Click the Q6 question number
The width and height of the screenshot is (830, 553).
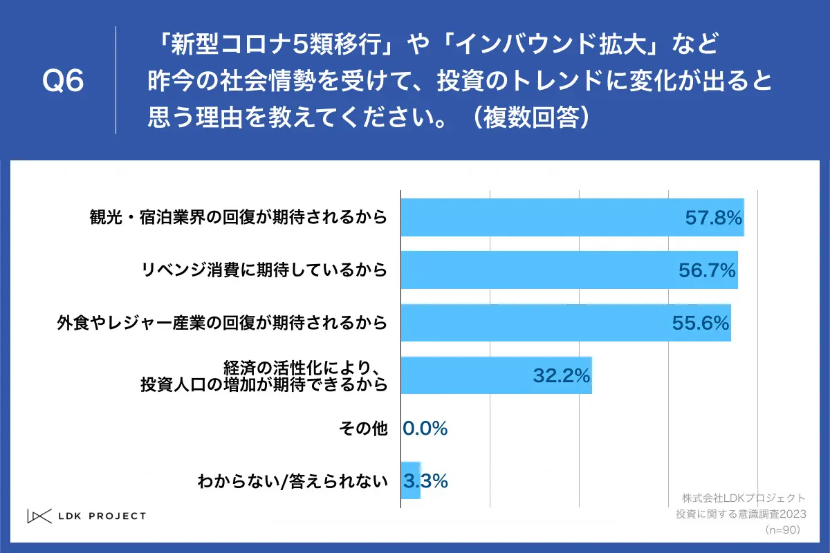tap(63, 82)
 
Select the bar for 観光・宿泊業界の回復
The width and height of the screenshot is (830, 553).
tap(539, 218)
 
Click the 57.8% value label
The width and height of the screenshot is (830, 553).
tap(713, 218)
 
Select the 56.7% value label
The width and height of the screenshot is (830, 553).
tap(706, 270)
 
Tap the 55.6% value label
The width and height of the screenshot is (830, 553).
tap(700, 323)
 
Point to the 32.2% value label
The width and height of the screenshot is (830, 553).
tap(560, 375)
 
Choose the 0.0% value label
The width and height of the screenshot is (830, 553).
tap(425, 429)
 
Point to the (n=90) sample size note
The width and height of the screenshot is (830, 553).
tap(782, 529)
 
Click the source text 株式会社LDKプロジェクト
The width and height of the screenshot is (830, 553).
tap(744, 498)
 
